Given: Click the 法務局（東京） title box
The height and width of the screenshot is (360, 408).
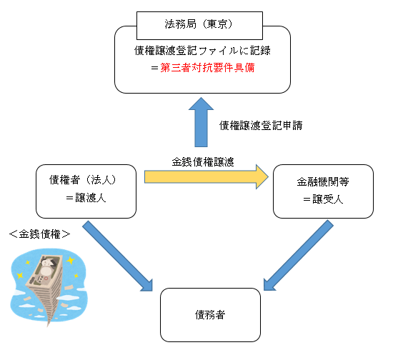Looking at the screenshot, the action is click(x=199, y=26).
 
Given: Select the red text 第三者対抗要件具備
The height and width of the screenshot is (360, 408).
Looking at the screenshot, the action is click(x=207, y=68).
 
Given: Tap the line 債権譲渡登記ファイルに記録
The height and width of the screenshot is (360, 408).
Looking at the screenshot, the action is click(x=202, y=51).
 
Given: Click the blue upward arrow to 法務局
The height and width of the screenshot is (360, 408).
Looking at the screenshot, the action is click(x=201, y=122).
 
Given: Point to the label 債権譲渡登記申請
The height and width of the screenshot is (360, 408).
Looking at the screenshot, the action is click(x=261, y=126).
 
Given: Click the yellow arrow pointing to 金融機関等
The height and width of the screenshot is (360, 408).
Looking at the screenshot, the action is click(x=207, y=177).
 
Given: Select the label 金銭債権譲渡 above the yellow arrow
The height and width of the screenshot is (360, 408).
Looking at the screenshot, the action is click(x=203, y=162).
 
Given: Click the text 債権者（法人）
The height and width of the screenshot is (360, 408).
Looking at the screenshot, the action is click(x=82, y=180).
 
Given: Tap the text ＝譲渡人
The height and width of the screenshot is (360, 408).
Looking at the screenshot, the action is click(x=86, y=198).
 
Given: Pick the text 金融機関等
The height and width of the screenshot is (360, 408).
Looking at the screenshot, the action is click(x=323, y=182).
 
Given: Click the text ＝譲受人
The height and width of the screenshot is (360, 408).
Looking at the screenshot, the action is click(x=323, y=199).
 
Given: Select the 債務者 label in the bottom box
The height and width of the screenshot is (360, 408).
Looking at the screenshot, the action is click(x=210, y=315).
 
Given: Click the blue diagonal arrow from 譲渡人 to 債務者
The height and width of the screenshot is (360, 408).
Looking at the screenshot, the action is click(x=117, y=256).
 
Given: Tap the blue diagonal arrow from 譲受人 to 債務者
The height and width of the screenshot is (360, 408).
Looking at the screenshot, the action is click(x=299, y=255).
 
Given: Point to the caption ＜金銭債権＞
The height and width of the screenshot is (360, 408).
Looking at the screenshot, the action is click(x=39, y=234).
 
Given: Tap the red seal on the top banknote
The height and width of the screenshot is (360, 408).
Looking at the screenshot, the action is click(x=46, y=279).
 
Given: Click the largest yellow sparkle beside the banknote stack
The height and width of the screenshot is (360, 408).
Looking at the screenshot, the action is click(x=70, y=260).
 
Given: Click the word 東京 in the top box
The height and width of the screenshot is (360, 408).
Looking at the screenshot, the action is click(x=217, y=24).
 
